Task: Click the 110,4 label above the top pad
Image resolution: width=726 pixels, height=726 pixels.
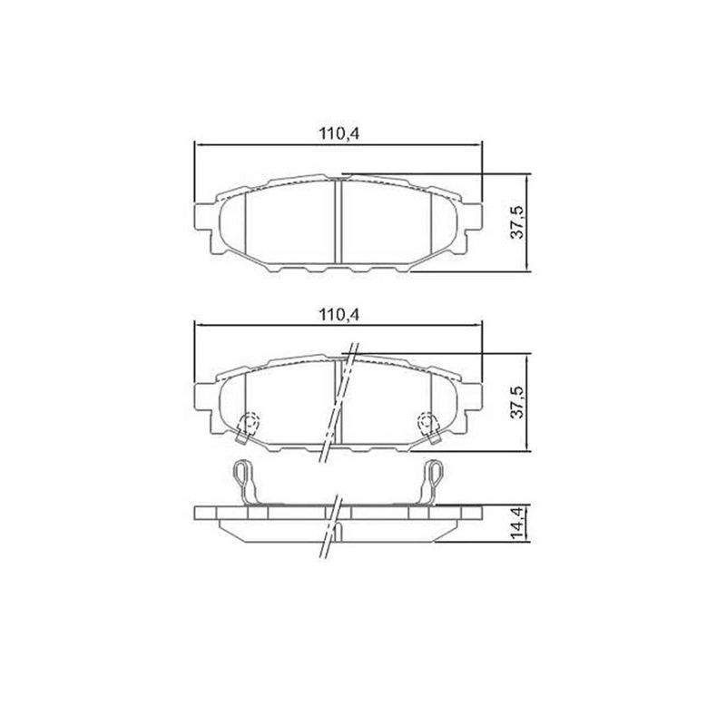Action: click(x=339, y=132)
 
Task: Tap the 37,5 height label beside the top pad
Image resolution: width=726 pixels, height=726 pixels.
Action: click(x=515, y=221)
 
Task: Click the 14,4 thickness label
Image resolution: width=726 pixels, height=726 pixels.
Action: click(x=515, y=524)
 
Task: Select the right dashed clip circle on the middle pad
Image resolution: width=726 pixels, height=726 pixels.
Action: click(x=427, y=422)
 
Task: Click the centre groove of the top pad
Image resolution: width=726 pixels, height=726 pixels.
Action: click(x=338, y=222)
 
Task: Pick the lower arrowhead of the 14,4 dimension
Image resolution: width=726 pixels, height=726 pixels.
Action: click(x=526, y=541)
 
